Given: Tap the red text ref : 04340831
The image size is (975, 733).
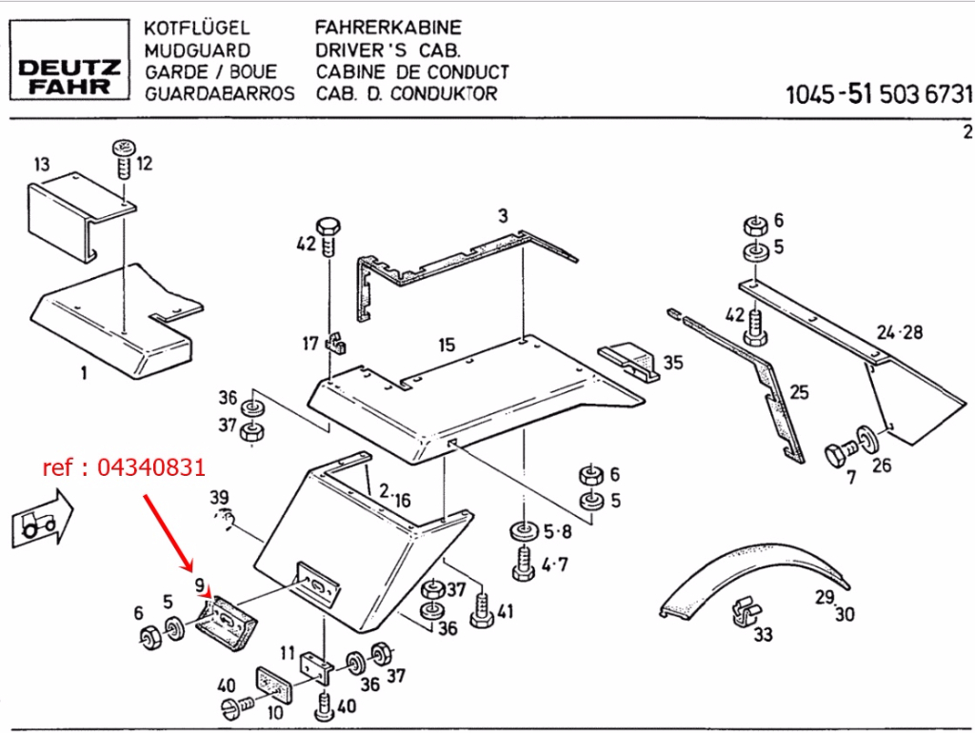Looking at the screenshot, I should [x=124, y=468].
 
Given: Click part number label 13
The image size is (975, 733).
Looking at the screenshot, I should [x=41, y=165].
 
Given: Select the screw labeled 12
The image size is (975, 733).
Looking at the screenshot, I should [x=123, y=161].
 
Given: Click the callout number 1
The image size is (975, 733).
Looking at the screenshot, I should [x=83, y=373].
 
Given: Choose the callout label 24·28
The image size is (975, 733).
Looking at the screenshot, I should [x=900, y=333].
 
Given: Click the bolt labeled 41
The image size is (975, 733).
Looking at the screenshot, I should [x=482, y=606].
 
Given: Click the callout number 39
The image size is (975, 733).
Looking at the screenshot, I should [x=219, y=498].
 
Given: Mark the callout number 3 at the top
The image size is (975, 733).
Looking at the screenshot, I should [x=504, y=215].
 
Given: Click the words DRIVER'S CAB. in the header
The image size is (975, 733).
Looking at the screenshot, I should [x=388, y=49].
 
